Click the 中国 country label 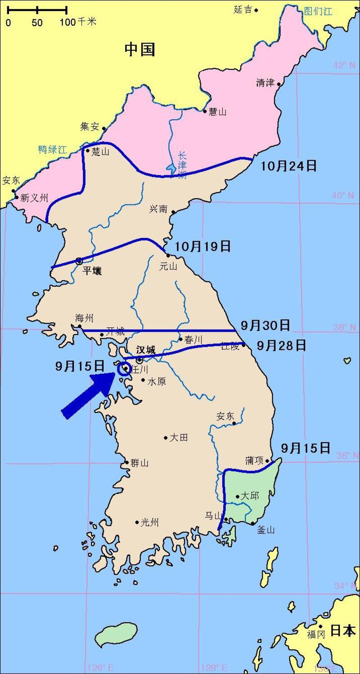pyautogui.click(x=140, y=49)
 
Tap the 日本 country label pyautogui.click(x=343, y=631)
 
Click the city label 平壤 pyautogui.click(x=92, y=271)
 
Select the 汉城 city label pyautogui.click(x=145, y=349)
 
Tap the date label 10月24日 pyautogui.click(x=288, y=166)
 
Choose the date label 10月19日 pyautogui.click(x=202, y=246)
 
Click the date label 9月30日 pyautogui.click(x=265, y=325)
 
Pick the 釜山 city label pyautogui.click(x=265, y=530)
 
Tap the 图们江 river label pyautogui.click(x=318, y=11)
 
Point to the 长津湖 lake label pyautogui.click(x=182, y=165)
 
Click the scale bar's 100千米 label pyautogui.click(x=78, y=22)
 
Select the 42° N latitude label pyautogui.click(x=344, y=66)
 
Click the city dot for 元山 pyautogui.click(x=168, y=255)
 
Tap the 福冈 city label pyautogui.click(x=316, y=635)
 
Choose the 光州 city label pyautogui.click(x=150, y=522)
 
